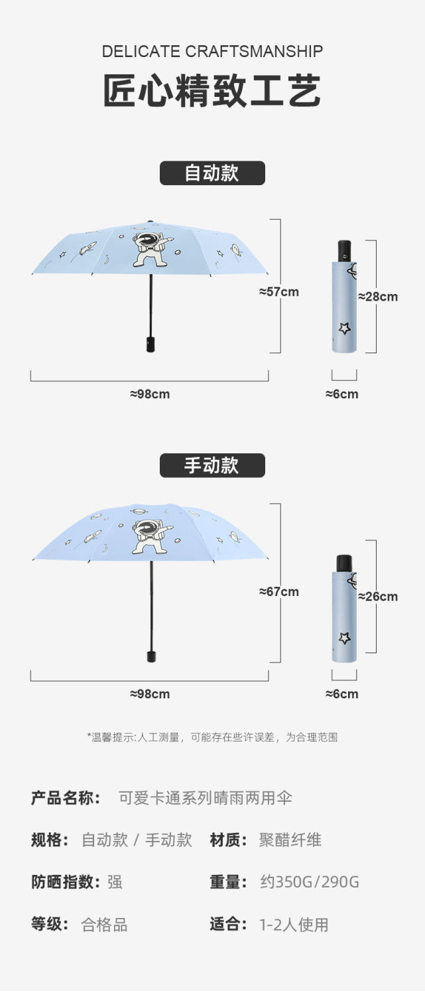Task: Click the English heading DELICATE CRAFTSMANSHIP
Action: [x=212, y=51]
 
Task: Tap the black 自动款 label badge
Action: [x=212, y=173]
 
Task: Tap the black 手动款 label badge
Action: [x=212, y=465]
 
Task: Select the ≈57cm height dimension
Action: [x=278, y=291]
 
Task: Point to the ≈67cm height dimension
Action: [x=278, y=591]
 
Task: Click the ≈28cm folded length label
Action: [x=379, y=297]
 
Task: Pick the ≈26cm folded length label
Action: [x=379, y=596]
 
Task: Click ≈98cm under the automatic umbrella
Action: [x=150, y=394]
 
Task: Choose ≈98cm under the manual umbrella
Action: [x=150, y=694]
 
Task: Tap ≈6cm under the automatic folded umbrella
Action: [x=342, y=394]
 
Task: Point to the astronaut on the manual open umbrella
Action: [x=149, y=536]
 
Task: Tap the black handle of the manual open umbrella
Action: [x=151, y=656]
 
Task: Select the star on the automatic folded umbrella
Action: [x=344, y=328]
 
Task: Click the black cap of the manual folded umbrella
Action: [x=344, y=564]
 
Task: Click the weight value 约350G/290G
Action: [x=310, y=882]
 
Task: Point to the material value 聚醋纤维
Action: [x=290, y=840]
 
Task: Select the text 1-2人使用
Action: [x=294, y=925]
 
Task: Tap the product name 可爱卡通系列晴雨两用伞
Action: [x=206, y=797]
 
